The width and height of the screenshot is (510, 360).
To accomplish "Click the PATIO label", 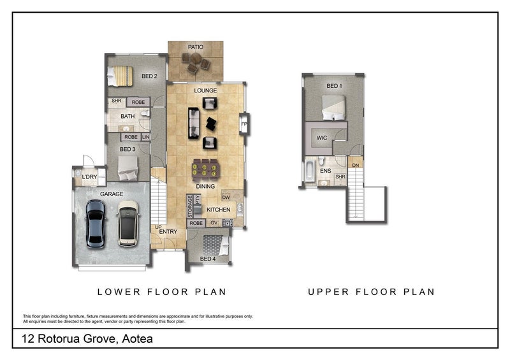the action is [196, 47].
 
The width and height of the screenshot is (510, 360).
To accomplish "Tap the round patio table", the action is [196, 59].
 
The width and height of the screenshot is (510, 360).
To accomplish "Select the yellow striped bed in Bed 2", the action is [120, 76].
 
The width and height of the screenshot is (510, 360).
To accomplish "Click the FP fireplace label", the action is [244, 124].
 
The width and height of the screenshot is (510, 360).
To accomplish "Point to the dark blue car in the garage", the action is [96, 224].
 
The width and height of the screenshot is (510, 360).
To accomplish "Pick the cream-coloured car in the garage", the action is [128, 224].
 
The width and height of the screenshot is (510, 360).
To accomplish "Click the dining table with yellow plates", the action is [205, 169].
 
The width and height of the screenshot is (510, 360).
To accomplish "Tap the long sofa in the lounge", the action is [194, 123].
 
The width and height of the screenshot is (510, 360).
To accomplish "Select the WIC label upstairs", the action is [322, 138].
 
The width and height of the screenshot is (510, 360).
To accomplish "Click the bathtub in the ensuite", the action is [309, 171].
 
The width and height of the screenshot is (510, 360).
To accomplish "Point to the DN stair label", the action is [356, 166].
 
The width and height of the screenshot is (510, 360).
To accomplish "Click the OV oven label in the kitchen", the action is [214, 223].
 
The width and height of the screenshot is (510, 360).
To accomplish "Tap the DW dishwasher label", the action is [226, 198].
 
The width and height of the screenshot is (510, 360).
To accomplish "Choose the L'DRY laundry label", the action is [89, 177].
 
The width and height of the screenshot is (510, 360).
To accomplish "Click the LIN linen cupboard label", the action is [146, 137].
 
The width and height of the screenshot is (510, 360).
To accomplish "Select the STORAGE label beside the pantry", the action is [190, 206].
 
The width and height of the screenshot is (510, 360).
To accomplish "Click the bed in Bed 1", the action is [333, 108].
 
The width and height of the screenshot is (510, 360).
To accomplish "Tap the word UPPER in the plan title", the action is [328, 292].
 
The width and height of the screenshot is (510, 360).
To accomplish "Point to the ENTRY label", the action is [168, 231].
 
